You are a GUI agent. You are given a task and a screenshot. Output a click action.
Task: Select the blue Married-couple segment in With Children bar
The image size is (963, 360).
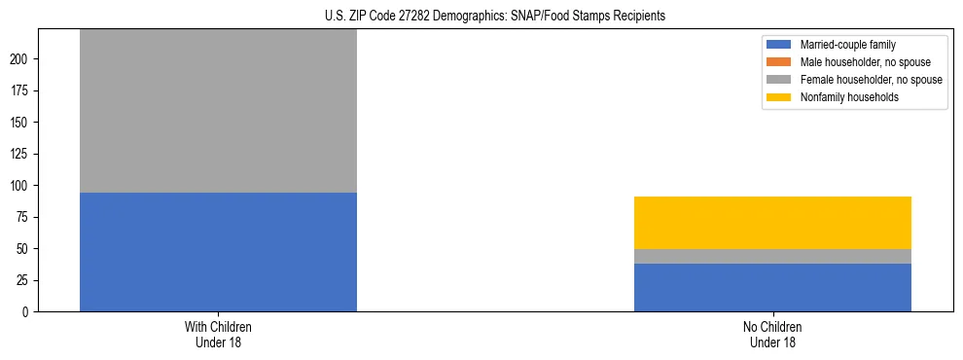[218, 252]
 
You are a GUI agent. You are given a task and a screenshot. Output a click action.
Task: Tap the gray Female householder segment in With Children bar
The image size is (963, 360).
[218, 111]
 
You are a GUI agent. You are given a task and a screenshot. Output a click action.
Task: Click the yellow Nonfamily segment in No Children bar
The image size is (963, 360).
[772, 223]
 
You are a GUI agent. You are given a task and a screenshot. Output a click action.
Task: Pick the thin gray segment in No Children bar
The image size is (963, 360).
[772, 257]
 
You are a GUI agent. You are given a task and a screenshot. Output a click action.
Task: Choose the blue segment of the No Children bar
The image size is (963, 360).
[772, 288]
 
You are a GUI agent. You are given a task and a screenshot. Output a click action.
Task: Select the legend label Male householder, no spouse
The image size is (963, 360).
[851, 62]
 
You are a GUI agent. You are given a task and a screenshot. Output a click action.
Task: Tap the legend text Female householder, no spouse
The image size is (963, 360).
[856, 80]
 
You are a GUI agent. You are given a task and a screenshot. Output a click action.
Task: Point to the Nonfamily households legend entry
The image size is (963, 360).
[843, 97]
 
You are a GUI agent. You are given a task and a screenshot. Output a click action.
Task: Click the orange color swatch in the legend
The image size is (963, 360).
[780, 62]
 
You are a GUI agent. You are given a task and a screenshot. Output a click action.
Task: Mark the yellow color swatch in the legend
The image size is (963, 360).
[780, 97]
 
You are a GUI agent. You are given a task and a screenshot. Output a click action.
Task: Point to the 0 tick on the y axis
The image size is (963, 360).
[27, 312]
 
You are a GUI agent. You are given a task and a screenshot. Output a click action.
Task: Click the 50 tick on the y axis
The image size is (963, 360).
[24, 249]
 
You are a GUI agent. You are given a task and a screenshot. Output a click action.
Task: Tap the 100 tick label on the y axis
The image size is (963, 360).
[21, 186]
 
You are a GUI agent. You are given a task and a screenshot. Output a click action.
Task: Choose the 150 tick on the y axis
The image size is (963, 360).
[21, 123]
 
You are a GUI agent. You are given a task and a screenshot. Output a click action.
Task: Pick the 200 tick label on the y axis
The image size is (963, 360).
[21, 59]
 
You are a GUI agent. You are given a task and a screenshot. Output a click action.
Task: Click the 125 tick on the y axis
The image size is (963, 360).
[21, 154]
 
